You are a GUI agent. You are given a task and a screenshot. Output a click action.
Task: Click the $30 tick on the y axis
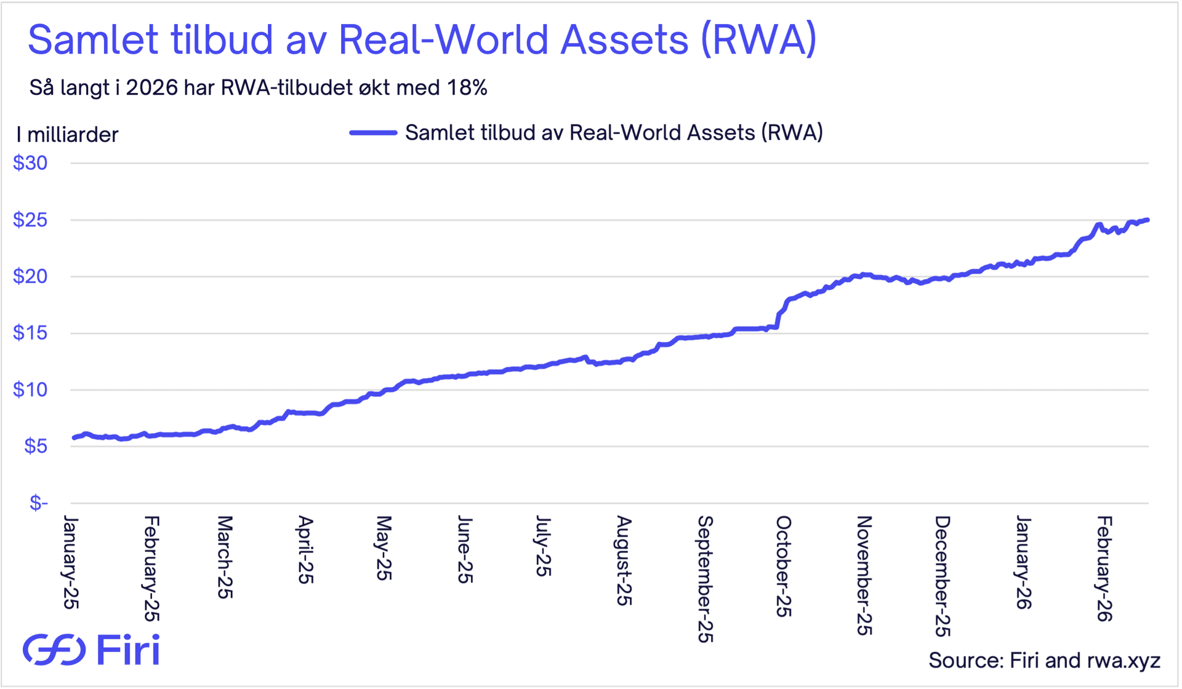pyautogui.click(x=30, y=163)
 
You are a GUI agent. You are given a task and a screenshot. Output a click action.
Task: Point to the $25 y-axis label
pyautogui.click(x=30, y=220)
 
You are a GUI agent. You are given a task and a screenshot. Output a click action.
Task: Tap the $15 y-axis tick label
pyautogui.click(x=30, y=333)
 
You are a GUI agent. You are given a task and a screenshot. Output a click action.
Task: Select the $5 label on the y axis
pyautogui.click(x=36, y=446)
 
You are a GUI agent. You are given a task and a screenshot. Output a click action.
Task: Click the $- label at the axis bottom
pyautogui.click(x=38, y=503)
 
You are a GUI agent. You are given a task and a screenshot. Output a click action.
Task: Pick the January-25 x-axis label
pyautogui.click(x=71, y=563)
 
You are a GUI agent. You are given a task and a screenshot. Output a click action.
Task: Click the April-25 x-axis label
pyautogui.click(x=305, y=550)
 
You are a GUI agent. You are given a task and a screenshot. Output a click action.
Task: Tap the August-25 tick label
pyautogui.click(x=624, y=560)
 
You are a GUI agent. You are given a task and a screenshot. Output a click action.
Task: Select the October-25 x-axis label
pyautogui.click(x=783, y=567)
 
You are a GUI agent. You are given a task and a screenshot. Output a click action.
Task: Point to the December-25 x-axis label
pyautogui.click(x=943, y=576)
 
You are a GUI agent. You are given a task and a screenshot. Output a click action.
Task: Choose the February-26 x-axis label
pyautogui.click(x=1104, y=569)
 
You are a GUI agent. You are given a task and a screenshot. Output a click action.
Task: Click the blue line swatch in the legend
pyautogui.click(x=373, y=133)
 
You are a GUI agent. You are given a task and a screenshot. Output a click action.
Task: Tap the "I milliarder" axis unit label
pyautogui.click(x=67, y=135)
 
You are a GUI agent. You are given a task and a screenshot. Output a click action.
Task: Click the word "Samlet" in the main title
pyautogui.click(x=93, y=40)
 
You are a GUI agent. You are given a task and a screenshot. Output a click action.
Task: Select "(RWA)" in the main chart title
pyautogui.click(x=759, y=40)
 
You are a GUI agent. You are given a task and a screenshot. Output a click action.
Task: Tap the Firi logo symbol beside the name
pyautogui.click(x=54, y=650)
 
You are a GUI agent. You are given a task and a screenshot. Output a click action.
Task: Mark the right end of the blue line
pyautogui.click(x=1148, y=220)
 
